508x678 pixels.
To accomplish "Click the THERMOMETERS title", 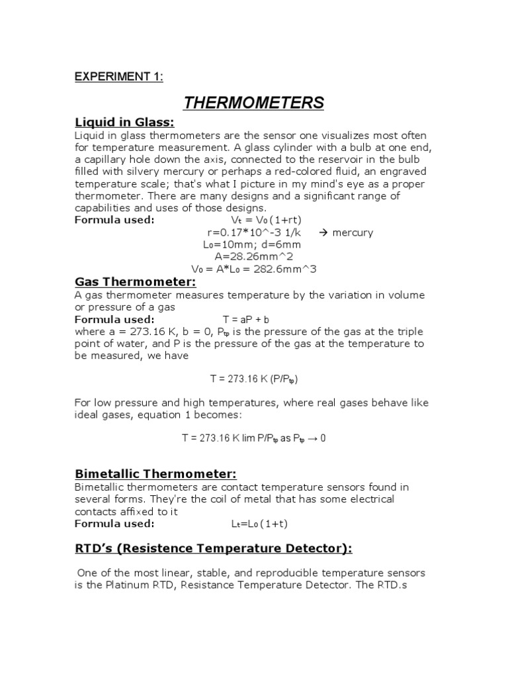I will pyautogui.click(x=253, y=103).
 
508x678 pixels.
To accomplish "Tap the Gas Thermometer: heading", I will pyautogui.click(x=131, y=283).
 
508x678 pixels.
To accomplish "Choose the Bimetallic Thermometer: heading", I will pyautogui.click(x=155, y=474).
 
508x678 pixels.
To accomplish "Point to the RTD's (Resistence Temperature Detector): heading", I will pyautogui.click(x=213, y=548).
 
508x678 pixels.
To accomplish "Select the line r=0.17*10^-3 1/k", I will pyautogui.click(x=253, y=232).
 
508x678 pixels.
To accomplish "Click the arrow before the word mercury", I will pyautogui.click(x=323, y=232).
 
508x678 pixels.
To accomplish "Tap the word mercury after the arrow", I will pyautogui.click(x=353, y=232).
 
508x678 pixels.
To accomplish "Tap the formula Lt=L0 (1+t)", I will pyautogui.click(x=259, y=524).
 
